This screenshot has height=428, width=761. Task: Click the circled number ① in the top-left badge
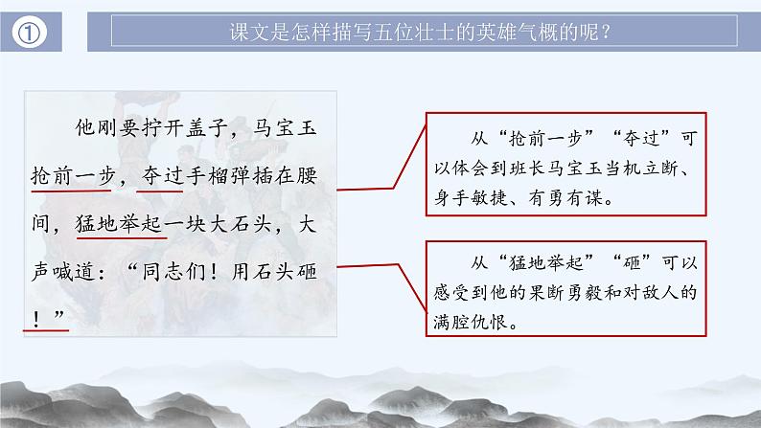coord(32,34)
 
